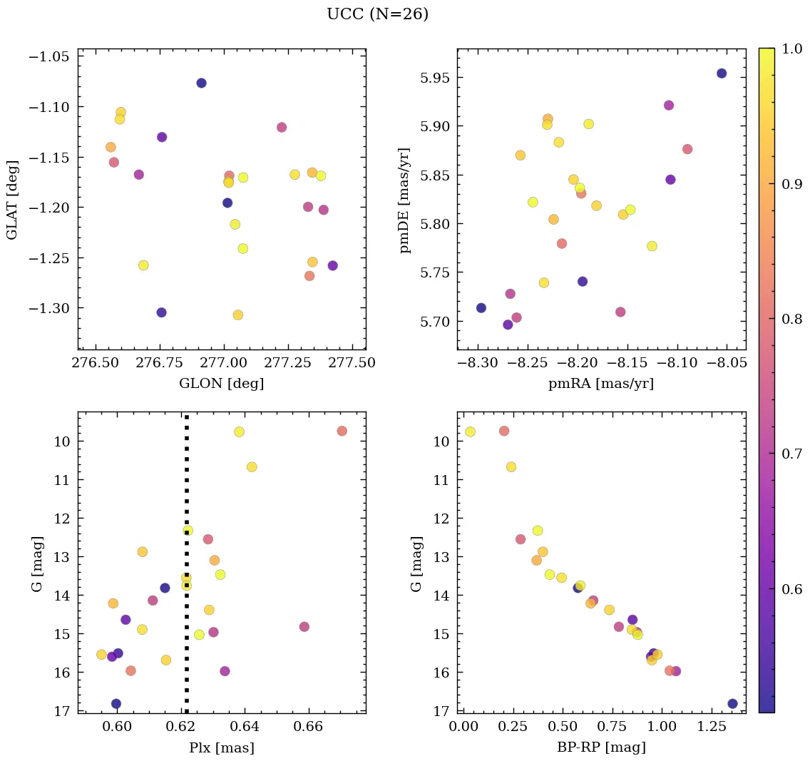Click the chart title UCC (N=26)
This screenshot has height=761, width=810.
coord(377,14)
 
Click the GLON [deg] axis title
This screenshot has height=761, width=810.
coord(221,384)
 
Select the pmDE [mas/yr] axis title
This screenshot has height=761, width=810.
coord(405,200)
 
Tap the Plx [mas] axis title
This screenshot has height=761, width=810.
coord(221,747)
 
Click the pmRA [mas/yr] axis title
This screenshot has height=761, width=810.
coord(600,384)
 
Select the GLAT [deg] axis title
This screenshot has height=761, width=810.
coord(12,200)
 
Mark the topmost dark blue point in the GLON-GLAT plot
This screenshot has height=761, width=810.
coord(201,83)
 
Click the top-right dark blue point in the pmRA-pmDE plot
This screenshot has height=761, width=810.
coord(722,73)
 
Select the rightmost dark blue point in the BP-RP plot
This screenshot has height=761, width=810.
coord(732,704)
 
